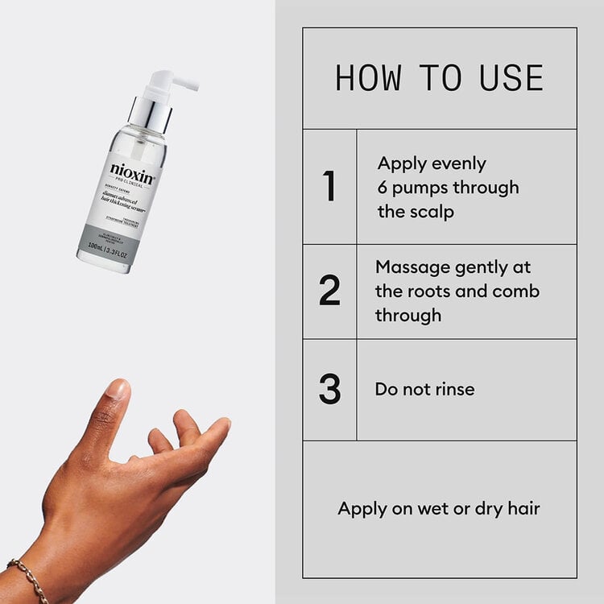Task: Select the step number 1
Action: (x=329, y=187)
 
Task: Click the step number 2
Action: (x=329, y=291)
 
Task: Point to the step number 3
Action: (x=329, y=389)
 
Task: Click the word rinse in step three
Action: (x=453, y=389)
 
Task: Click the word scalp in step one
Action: (x=432, y=212)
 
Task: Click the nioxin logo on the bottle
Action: (x=132, y=172)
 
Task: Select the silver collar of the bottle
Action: (x=151, y=114)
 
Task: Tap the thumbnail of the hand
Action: (x=118, y=391)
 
